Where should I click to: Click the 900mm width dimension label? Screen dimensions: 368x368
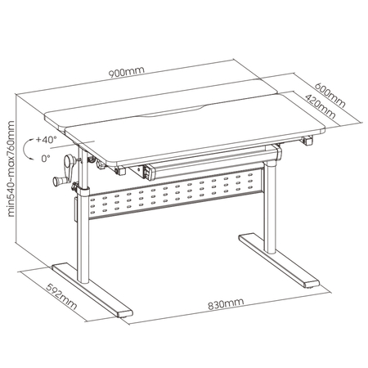click(x=130, y=71)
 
